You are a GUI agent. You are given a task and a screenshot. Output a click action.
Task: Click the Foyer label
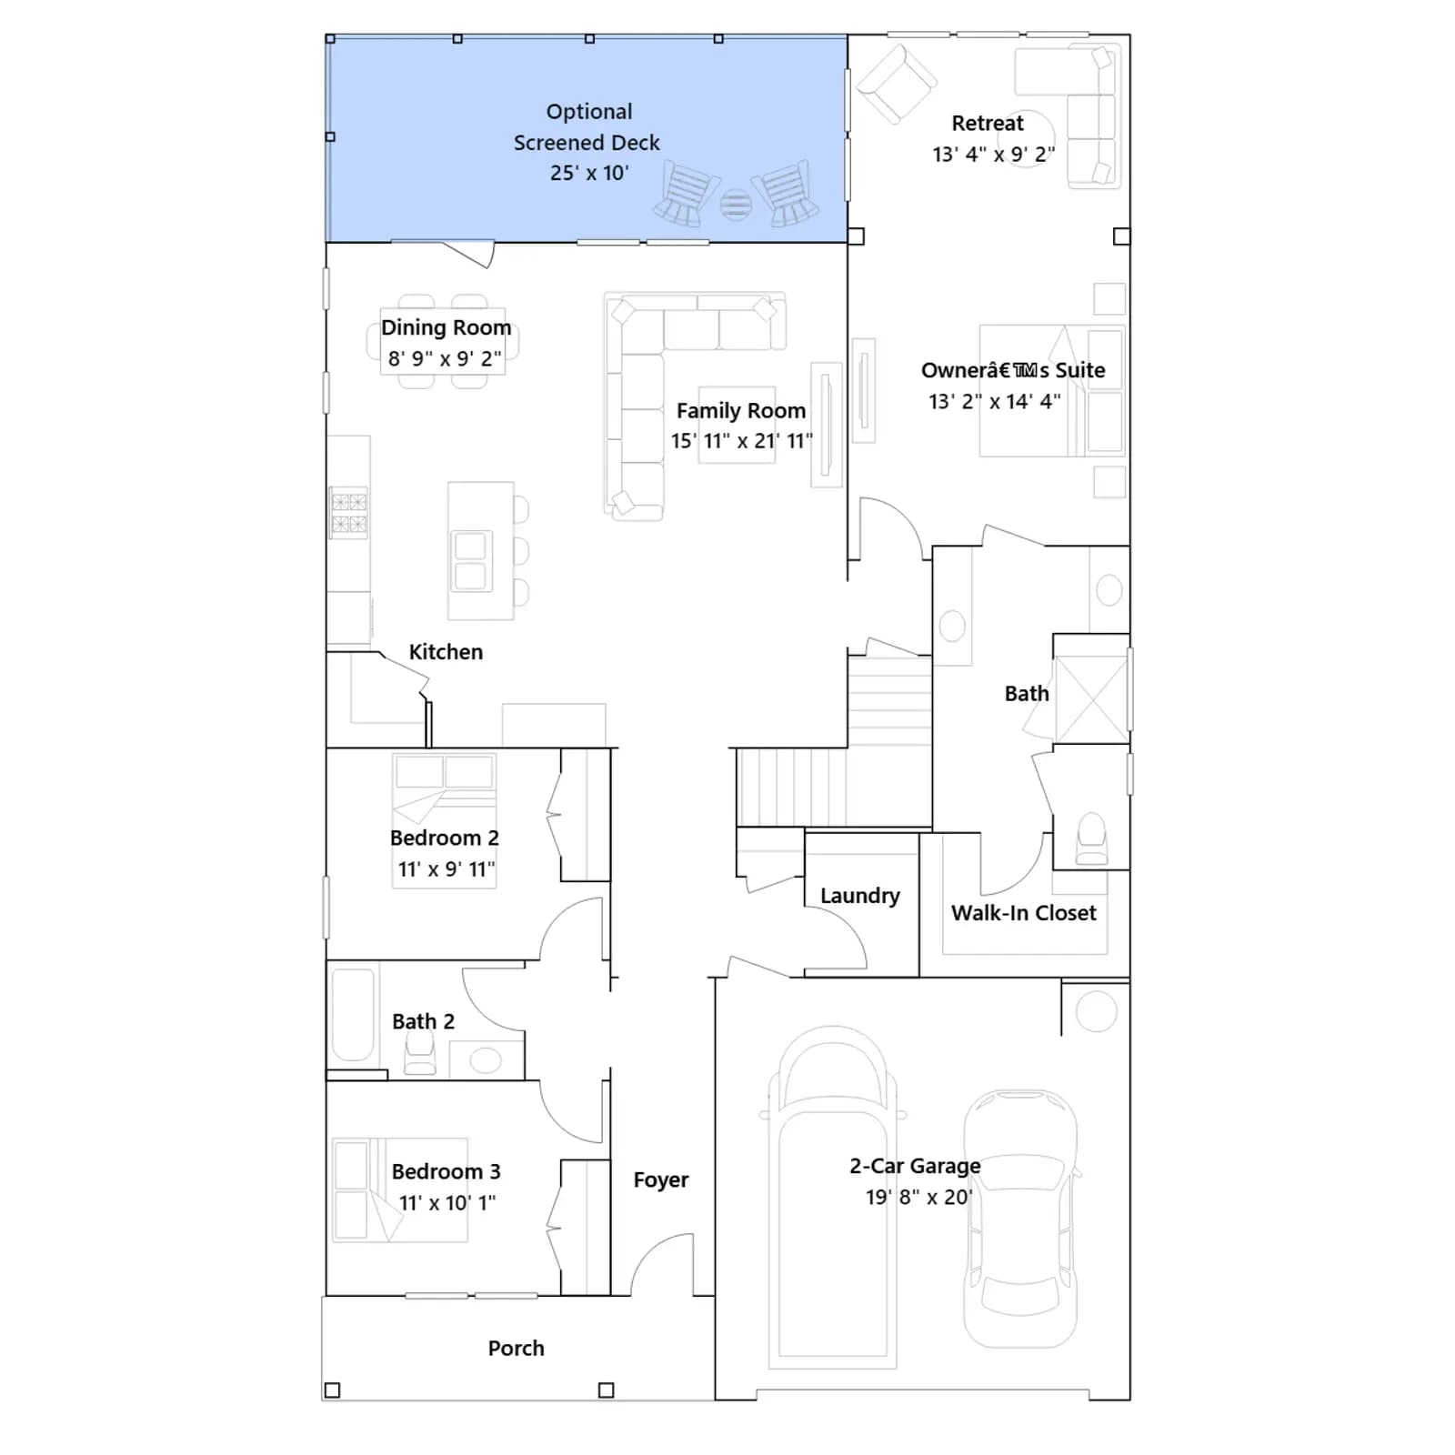click(661, 1179)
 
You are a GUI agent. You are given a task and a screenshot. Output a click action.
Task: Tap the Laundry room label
click(860, 896)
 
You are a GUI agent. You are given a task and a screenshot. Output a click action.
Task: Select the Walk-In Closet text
click(1024, 913)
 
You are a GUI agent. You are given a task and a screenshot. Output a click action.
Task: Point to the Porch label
click(516, 1348)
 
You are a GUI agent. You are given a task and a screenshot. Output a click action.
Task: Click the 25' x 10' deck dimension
click(589, 173)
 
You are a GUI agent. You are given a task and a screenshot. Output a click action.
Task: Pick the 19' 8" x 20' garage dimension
click(918, 1197)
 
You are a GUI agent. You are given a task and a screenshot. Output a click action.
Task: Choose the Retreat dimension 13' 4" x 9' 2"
click(994, 154)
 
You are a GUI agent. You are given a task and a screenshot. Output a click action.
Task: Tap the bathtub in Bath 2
click(353, 1015)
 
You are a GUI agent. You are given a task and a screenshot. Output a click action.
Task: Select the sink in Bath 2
click(486, 1060)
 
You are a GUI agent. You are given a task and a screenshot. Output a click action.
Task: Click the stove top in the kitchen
click(349, 513)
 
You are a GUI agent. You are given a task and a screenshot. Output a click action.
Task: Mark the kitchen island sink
click(471, 560)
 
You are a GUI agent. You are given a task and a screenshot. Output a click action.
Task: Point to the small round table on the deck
click(736, 205)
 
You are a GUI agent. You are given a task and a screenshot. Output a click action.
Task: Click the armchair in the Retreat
click(896, 82)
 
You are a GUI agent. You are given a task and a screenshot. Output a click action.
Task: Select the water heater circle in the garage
click(1096, 1011)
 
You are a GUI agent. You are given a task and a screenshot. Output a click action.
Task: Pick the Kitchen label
click(446, 652)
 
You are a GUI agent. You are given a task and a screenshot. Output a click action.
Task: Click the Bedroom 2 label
click(445, 838)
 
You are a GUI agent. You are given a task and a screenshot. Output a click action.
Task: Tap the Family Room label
click(741, 411)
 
